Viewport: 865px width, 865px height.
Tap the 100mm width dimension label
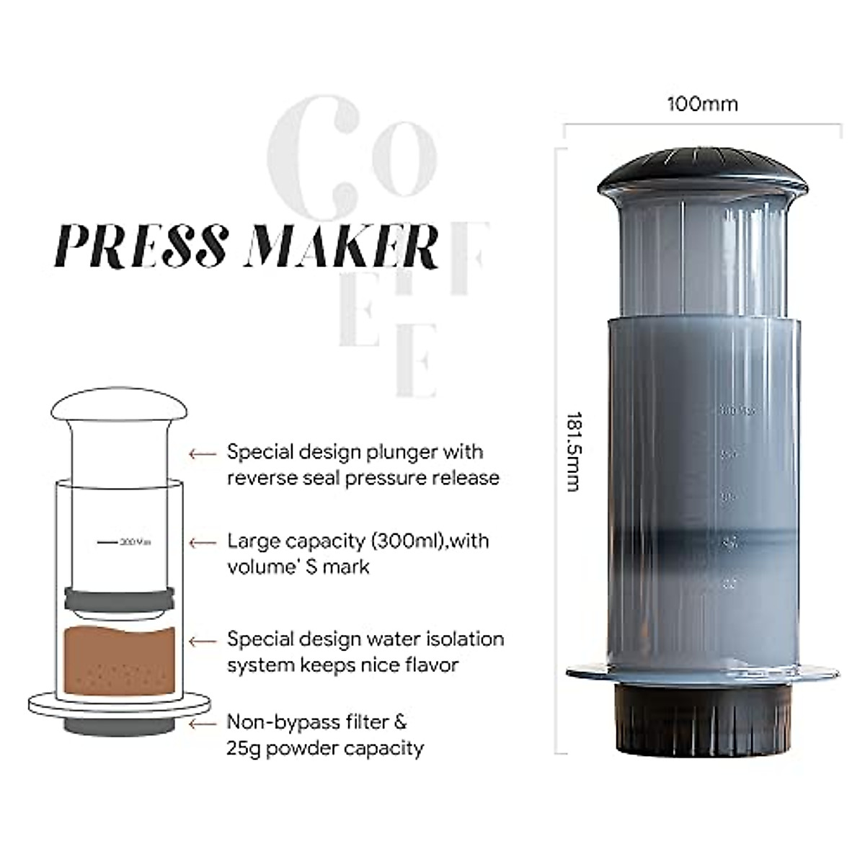point(702,105)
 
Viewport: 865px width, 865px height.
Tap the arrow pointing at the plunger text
point(203,454)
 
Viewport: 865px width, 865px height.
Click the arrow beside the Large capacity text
point(203,542)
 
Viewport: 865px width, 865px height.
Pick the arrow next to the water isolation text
point(203,641)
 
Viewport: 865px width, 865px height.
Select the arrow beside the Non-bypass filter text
point(203,723)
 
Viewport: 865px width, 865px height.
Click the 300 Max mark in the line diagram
point(134,541)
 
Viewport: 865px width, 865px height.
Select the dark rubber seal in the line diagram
point(119,598)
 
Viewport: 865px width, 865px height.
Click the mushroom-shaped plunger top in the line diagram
point(119,405)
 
